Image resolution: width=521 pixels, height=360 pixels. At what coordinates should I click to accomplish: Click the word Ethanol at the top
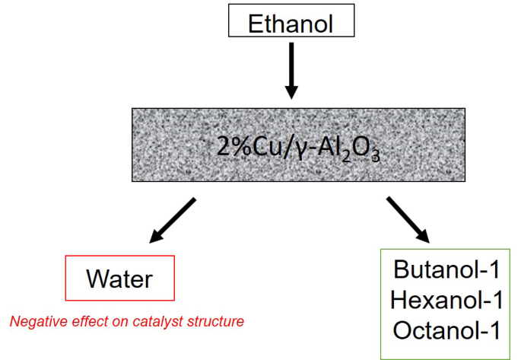click(291, 23)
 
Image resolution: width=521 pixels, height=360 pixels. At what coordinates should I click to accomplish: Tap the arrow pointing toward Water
click(173, 221)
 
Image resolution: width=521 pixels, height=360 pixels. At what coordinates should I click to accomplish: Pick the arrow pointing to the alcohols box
click(411, 221)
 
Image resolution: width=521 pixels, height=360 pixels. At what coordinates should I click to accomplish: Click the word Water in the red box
click(119, 279)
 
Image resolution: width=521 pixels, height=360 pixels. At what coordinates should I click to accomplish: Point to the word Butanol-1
click(446, 269)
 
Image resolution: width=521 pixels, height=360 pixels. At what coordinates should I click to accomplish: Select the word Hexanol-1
click(446, 299)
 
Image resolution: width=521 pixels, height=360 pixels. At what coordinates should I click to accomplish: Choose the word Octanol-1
click(446, 330)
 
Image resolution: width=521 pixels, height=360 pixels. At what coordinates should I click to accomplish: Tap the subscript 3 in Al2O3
click(375, 154)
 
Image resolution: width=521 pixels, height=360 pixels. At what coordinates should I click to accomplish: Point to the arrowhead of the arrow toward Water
click(155, 237)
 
